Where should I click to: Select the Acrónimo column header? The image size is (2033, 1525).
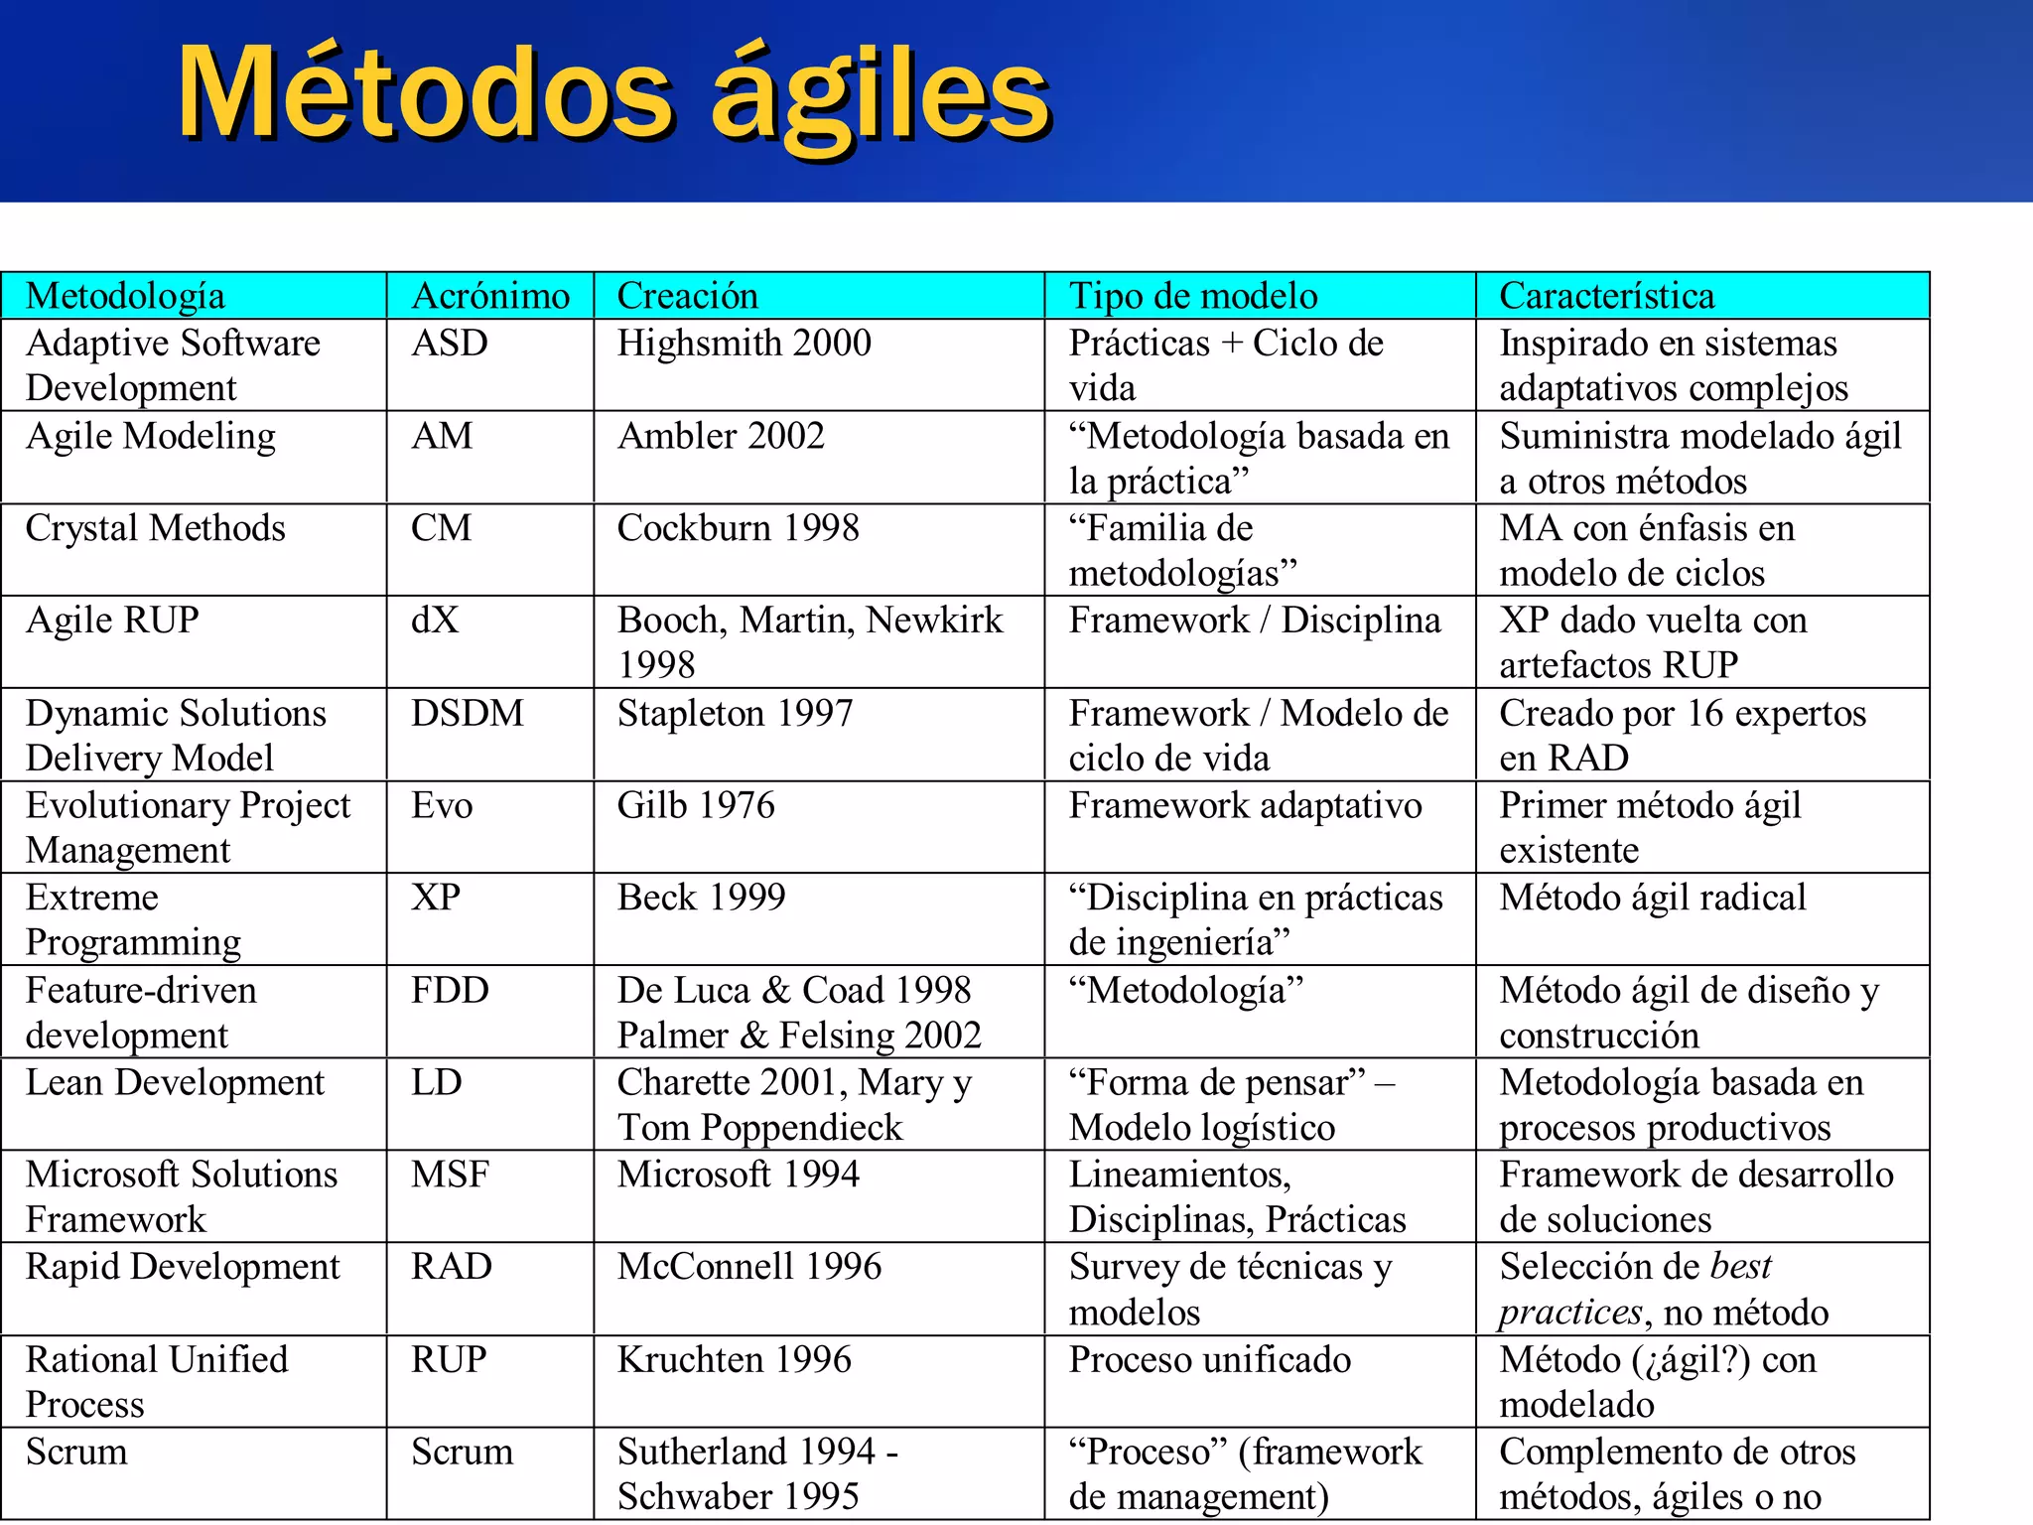click(490, 296)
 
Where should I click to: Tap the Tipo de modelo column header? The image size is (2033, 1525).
click(1192, 296)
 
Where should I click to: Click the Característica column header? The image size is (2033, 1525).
click(1606, 296)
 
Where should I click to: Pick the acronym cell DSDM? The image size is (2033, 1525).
click(468, 713)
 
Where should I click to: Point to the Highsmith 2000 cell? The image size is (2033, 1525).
click(744, 343)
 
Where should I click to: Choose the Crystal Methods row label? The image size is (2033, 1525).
click(156, 528)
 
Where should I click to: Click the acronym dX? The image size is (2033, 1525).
click(435, 621)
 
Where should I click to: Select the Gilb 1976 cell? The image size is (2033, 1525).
click(695, 805)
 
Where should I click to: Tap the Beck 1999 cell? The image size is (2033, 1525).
click(701, 898)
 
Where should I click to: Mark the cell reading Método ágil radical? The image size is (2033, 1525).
click(1652, 898)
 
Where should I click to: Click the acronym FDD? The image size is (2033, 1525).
click(450, 990)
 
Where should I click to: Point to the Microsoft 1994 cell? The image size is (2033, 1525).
click(738, 1175)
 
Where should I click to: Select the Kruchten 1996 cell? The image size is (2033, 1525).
click(734, 1359)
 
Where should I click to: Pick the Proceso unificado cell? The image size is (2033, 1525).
click(1209, 1359)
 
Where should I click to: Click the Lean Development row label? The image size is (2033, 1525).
click(175, 1082)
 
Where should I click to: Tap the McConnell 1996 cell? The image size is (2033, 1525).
click(748, 1267)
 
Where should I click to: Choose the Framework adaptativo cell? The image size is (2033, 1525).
click(1245, 805)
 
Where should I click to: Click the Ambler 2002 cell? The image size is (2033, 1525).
click(721, 436)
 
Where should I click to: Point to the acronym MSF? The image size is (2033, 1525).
click(450, 1175)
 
